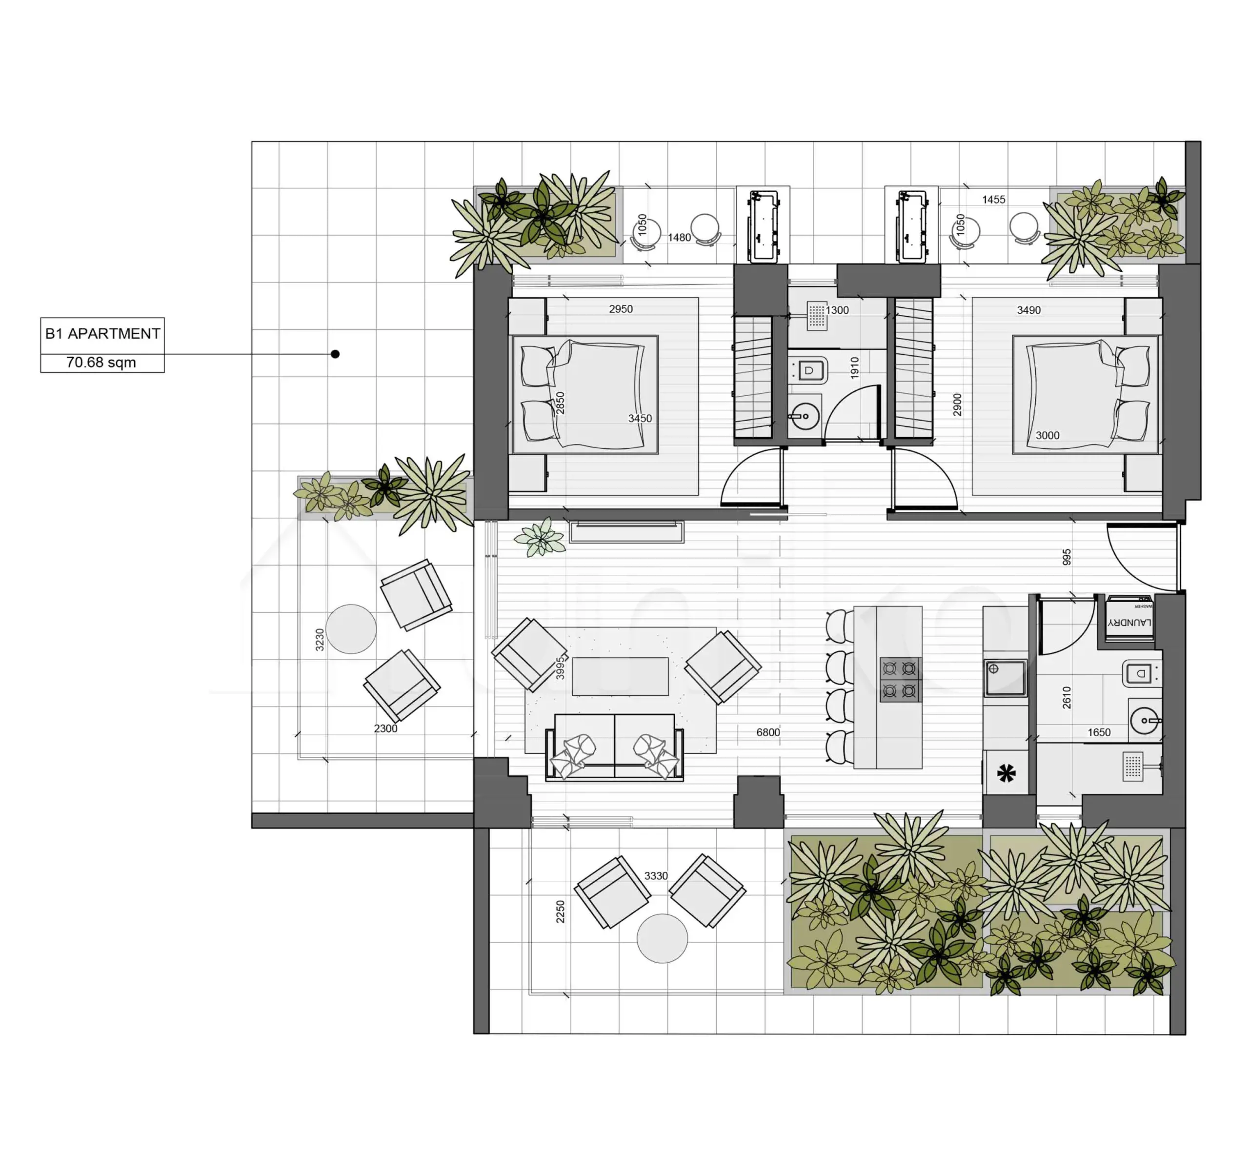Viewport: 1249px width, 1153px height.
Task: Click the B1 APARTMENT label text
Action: [x=102, y=334]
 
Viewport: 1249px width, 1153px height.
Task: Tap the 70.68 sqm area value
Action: [x=101, y=363]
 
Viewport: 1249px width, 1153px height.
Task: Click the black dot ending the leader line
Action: [x=335, y=354]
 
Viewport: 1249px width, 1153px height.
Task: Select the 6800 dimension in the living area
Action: [x=768, y=732]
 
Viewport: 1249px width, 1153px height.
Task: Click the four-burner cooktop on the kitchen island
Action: [x=899, y=679]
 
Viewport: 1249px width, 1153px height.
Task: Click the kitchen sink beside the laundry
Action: [x=1005, y=678]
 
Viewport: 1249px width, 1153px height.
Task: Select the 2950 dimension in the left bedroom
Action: [x=621, y=309]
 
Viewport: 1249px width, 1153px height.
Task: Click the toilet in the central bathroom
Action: [x=808, y=371]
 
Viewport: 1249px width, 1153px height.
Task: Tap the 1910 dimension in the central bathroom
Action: [x=855, y=367]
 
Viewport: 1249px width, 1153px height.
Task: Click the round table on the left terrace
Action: [x=351, y=629]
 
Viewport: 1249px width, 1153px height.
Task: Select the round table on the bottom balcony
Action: [x=662, y=938]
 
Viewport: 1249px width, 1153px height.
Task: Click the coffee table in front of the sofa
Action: [x=620, y=676]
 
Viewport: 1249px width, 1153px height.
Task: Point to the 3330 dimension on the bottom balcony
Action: [x=656, y=876]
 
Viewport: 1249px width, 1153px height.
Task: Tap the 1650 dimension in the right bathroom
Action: [x=1099, y=732]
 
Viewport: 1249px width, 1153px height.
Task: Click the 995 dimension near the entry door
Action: [x=1067, y=557]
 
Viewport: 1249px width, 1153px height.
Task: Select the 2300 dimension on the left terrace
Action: [x=385, y=728]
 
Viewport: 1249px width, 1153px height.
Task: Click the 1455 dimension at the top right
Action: [x=994, y=200]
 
